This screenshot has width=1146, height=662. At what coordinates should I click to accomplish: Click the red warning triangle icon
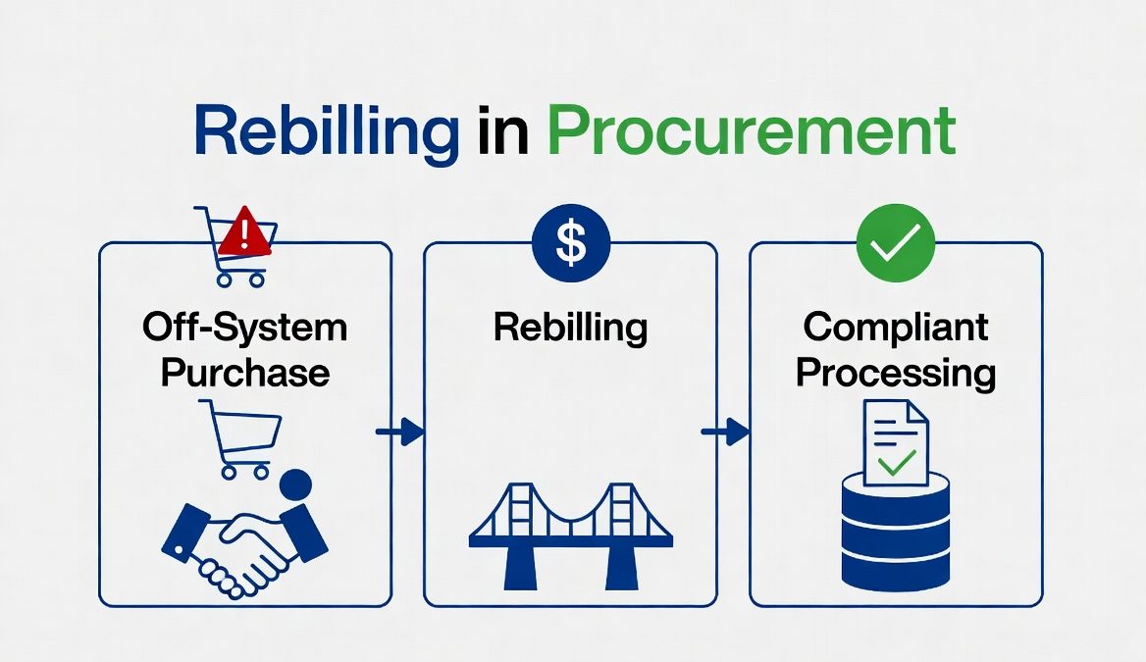(x=246, y=235)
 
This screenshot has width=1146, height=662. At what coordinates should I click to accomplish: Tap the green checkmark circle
(x=896, y=243)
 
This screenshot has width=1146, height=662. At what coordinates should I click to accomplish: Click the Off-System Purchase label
(x=245, y=348)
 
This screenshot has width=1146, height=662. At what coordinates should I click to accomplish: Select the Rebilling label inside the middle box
(x=570, y=328)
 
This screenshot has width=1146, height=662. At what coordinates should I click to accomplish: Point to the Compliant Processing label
(x=896, y=348)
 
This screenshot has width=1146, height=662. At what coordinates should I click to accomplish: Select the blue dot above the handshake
(x=294, y=484)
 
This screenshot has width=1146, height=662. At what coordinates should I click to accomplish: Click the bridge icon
(x=570, y=535)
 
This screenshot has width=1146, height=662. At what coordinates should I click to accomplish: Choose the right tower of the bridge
(x=620, y=535)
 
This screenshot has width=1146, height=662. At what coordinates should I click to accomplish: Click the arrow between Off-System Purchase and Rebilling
(x=400, y=433)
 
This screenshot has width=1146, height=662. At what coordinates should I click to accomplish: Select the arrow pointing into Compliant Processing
(x=725, y=433)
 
